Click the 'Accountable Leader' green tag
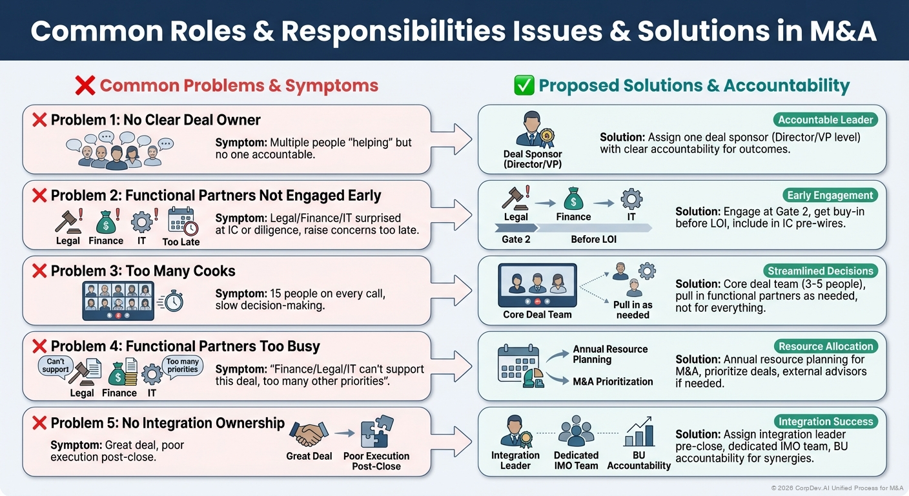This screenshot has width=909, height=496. click(x=825, y=119)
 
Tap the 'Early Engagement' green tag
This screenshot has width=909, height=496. click(x=830, y=195)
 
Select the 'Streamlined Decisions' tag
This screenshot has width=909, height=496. click(x=820, y=271)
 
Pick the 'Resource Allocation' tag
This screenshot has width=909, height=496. click(x=825, y=346)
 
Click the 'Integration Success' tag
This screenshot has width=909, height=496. click(x=825, y=422)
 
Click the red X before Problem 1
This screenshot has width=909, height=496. click(x=39, y=119)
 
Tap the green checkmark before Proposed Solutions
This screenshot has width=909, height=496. click(x=523, y=86)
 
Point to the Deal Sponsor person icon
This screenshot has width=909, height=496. click(x=533, y=129)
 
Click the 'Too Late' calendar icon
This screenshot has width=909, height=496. click(x=181, y=222)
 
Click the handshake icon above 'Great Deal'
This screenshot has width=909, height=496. click(x=309, y=433)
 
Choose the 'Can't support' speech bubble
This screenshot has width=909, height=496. click(x=56, y=365)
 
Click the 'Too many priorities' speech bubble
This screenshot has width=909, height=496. click(x=183, y=366)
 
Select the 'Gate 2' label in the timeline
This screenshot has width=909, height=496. click(x=516, y=239)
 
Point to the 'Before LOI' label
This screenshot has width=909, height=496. click(x=593, y=239)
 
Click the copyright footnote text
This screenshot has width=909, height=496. click(x=837, y=488)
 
